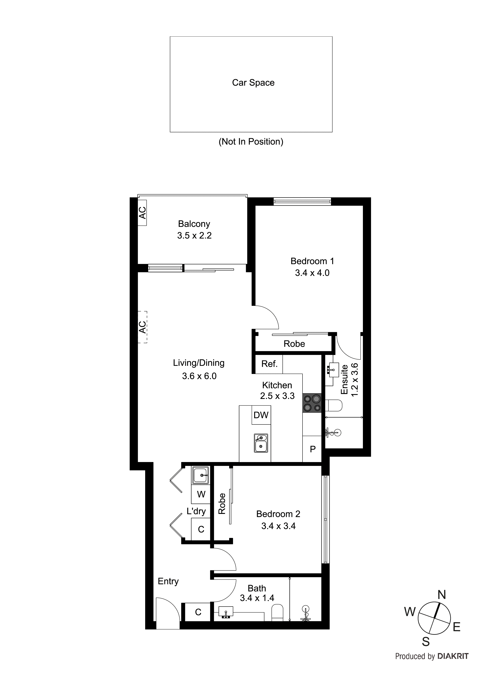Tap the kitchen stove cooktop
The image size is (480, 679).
pos(312,403)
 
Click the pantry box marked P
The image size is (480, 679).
pos(312,449)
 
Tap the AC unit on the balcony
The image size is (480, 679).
pos(142,213)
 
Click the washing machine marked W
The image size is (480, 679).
pos(201,494)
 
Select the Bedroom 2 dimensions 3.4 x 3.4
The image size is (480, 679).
pos(278,526)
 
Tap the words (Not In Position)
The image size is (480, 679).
pos(251,142)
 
